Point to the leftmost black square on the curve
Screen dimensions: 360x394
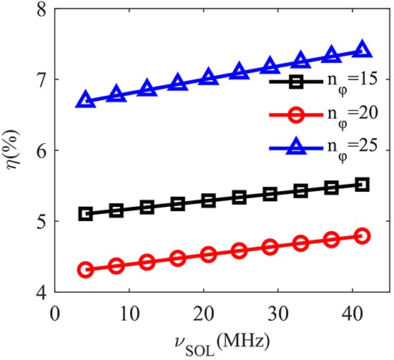click(x=86, y=213)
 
